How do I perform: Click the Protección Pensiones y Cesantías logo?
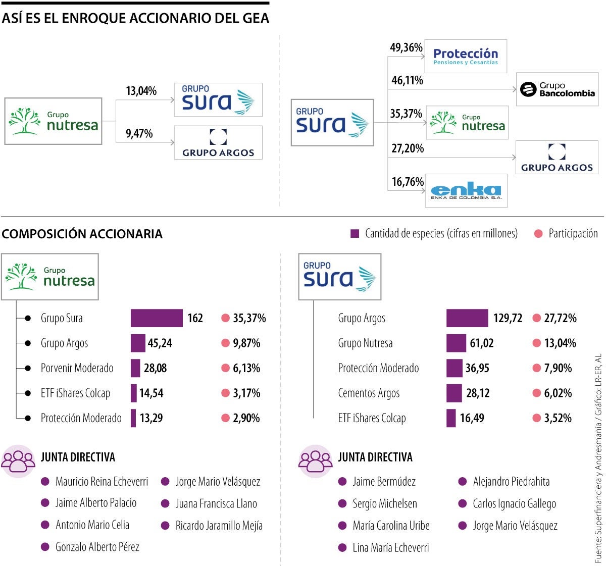[x=465, y=56]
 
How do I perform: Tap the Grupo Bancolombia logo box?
[x=557, y=89]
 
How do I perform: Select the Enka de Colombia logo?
[x=466, y=191]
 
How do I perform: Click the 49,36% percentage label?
[x=406, y=47]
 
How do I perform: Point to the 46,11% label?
[x=407, y=80]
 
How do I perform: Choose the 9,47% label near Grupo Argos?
[x=139, y=134]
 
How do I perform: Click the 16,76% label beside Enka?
[x=407, y=182]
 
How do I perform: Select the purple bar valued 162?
[x=157, y=318]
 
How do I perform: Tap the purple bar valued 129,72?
[x=467, y=318]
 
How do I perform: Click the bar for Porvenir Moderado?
[x=135, y=368]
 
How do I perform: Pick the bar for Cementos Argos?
[x=454, y=393]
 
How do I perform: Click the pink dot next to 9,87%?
[x=225, y=343]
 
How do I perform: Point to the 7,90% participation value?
[x=558, y=368]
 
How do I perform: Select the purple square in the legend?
[x=355, y=234]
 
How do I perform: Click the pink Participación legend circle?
[x=538, y=234]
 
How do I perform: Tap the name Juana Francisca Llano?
[x=216, y=503]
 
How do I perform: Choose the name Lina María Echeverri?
[x=390, y=547]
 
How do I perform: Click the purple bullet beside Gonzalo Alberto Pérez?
[x=45, y=547]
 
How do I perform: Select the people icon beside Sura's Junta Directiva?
[x=316, y=461]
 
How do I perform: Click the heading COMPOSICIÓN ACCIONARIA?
[x=82, y=234]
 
